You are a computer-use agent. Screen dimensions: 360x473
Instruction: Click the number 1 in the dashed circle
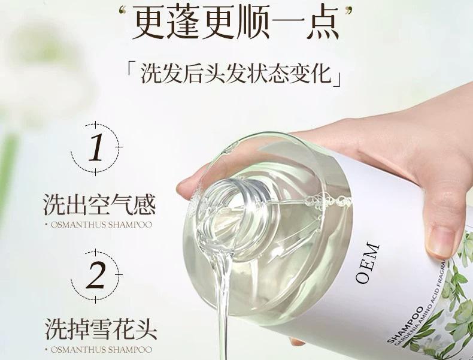[96, 149]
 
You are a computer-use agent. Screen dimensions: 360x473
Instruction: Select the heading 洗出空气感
[99, 204]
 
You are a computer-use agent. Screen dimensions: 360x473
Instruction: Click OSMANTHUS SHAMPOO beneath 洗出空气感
[98, 226]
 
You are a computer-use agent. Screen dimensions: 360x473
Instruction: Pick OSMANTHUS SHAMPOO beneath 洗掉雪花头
[98, 349]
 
